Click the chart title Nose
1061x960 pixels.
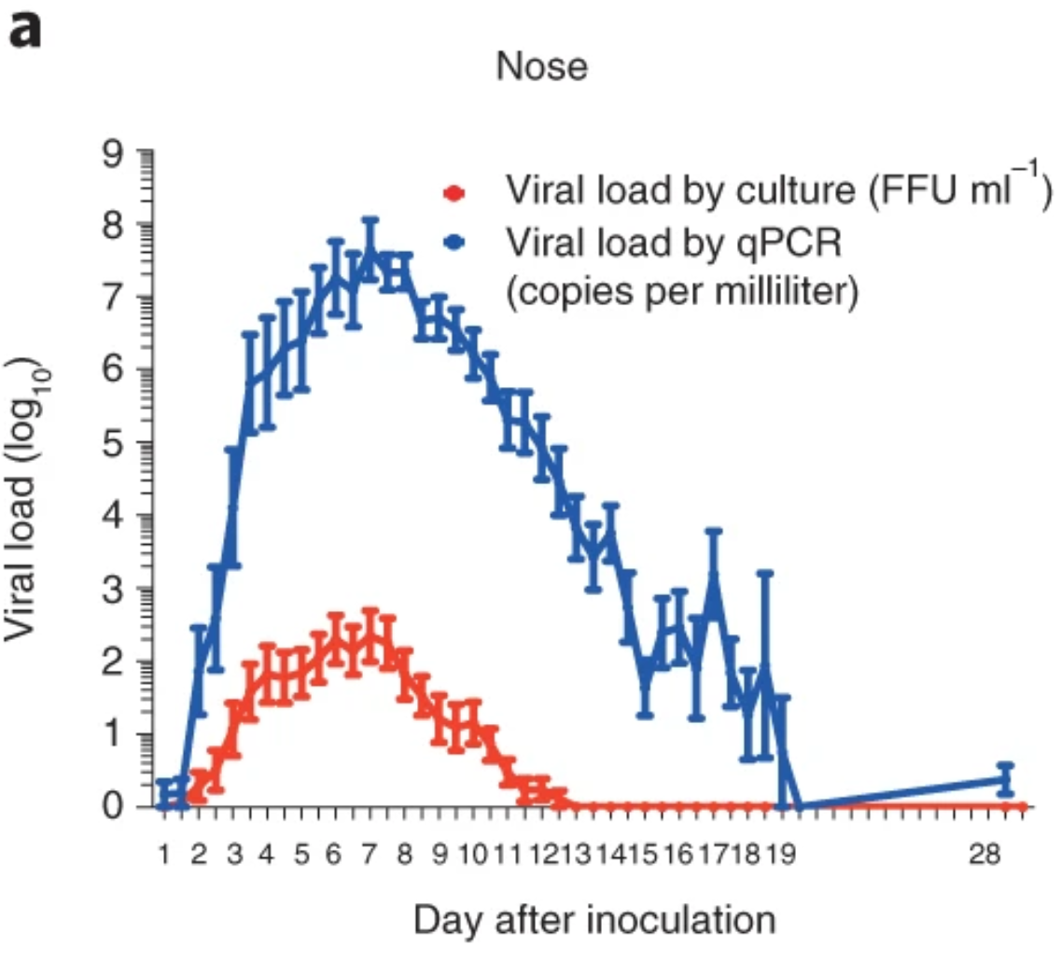click(x=542, y=67)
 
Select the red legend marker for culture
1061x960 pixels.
click(x=454, y=194)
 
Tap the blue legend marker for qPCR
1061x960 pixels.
click(x=454, y=243)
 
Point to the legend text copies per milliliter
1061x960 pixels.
click(x=680, y=292)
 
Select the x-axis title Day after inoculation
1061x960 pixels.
click(x=594, y=920)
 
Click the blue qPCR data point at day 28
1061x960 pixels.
click(x=1005, y=779)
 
